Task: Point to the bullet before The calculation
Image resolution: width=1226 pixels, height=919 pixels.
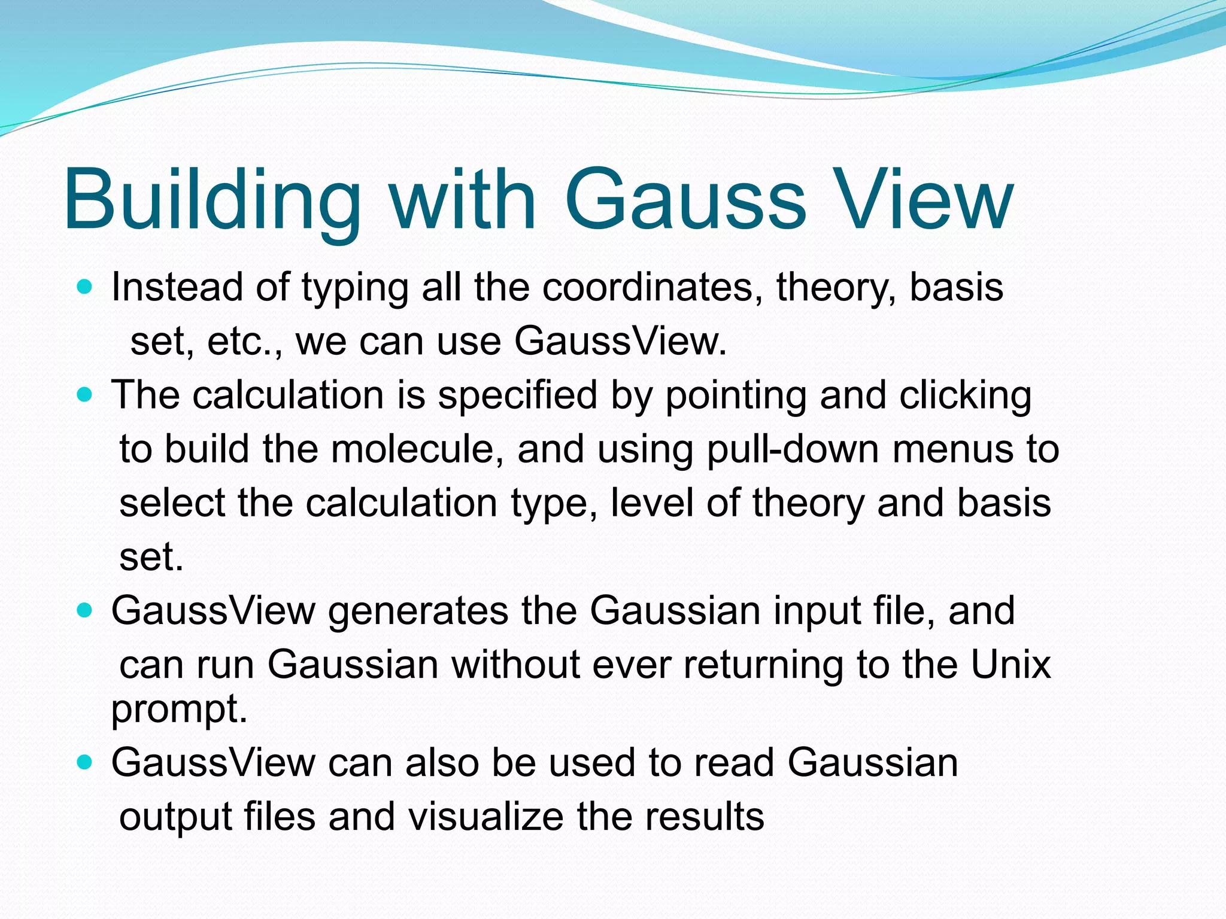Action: coord(86,395)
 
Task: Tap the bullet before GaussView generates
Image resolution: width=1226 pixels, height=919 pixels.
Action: coord(86,610)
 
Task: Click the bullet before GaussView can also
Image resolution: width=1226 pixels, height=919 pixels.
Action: coord(86,762)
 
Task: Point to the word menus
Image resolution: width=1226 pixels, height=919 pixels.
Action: coord(952,449)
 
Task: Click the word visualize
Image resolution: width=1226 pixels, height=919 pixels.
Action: coord(485,817)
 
